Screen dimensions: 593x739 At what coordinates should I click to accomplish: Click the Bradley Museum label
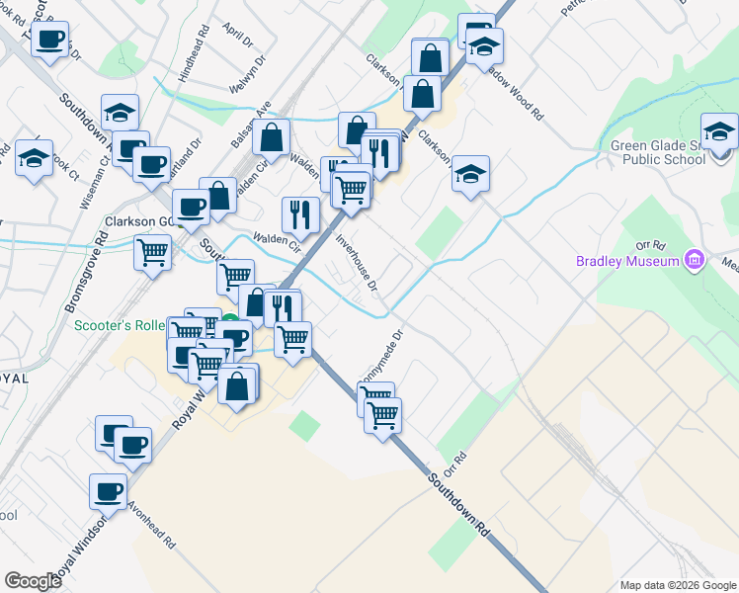point(628,261)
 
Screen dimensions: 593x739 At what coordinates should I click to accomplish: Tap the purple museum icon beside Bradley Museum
point(696,260)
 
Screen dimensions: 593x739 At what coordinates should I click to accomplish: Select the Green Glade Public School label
point(658,154)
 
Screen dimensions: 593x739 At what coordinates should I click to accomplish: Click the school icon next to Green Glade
point(719,131)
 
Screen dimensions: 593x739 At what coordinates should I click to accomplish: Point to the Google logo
point(33,580)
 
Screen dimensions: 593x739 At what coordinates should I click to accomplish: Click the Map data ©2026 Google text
point(677,585)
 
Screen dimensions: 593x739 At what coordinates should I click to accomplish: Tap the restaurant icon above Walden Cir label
point(299,214)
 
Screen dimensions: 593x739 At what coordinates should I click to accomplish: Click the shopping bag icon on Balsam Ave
point(271,136)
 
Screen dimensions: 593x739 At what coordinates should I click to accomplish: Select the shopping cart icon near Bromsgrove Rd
point(152,252)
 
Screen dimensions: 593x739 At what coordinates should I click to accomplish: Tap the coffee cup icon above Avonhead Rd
point(109,491)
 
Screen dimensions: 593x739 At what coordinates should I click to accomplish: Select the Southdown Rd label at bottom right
point(460,505)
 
